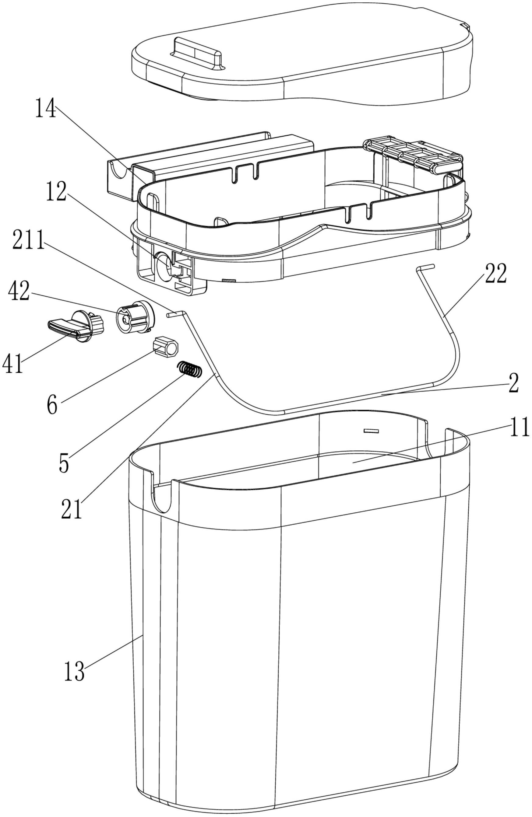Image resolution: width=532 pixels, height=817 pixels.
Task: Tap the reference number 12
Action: [x=57, y=192]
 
